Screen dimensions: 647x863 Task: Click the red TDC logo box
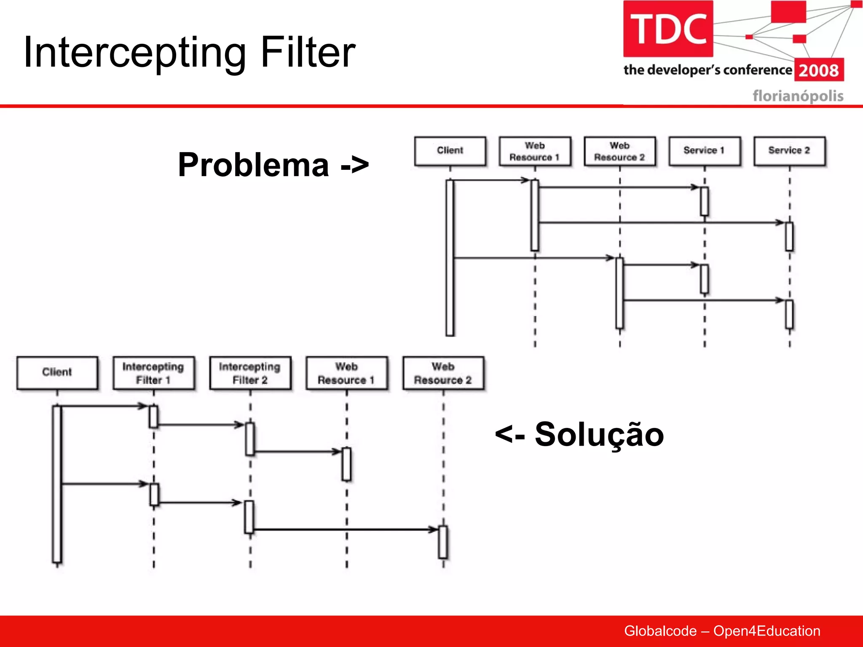[x=668, y=29]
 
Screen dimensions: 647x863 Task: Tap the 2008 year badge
[x=819, y=70]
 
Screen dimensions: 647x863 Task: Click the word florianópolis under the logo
[x=798, y=96]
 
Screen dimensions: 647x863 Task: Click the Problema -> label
[x=273, y=165]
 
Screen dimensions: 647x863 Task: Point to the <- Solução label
[x=579, y=434]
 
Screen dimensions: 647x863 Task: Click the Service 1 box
[x=704, y=151]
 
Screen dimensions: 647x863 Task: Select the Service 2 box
[x=789, y=151]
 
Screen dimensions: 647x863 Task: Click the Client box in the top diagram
[x=450, y=151]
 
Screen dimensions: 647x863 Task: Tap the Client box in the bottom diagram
[x=57, y=372]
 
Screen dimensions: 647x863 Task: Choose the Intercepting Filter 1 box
[x=153, y=373]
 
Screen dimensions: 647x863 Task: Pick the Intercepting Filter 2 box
[x=250, y=373]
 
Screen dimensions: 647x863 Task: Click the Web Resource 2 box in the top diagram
[x=619, y=151]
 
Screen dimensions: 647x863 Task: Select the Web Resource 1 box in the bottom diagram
[x=346, y=373]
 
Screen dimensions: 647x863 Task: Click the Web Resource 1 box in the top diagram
[x=535, y=151]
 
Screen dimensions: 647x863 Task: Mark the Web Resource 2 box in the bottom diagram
[x=443, y=373]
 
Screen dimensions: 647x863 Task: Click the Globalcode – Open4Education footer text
[x=722, y=631]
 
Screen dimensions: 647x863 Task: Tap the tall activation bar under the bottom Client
[x=57, y=484]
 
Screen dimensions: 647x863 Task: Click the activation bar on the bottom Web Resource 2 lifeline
[x=443, y=542]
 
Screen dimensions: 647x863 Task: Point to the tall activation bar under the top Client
[x=450, y=258]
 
